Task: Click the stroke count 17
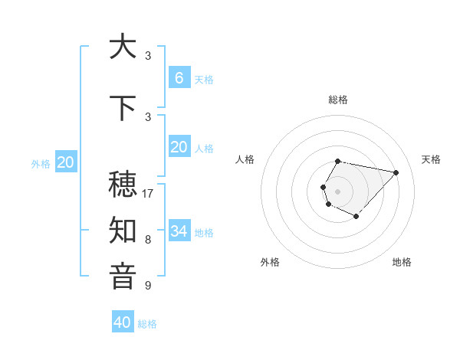[149, 194]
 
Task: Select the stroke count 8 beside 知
[148, 240]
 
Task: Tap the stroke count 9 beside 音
[148, 286]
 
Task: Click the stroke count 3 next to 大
[148, 55]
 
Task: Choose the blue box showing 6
[179, 78]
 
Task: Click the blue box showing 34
[179, 231]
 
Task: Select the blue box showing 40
[123, 322]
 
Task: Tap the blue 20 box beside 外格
[66, 162]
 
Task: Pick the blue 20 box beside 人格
[179, 147]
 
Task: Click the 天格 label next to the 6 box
[204, 79]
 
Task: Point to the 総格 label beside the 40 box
[147, 324]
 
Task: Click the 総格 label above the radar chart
[338, 100]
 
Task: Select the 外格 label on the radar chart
[270, 262]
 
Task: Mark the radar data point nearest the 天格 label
[396, 172]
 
